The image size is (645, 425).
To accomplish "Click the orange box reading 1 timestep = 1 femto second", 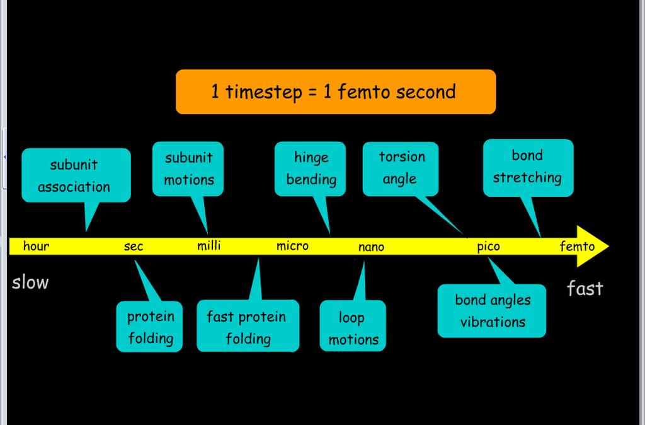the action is (x=336, y=92).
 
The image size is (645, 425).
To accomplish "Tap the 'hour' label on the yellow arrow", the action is (x=36, y=247).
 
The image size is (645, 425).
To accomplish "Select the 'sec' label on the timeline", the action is (x=134, y=247).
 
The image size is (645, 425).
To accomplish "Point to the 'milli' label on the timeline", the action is (x=209, y=246).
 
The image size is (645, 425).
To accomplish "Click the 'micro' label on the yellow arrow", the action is (x=292, y=247).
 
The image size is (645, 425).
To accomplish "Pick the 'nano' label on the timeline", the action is (x=371, y=247).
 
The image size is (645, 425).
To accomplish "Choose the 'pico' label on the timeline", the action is (x=488, y=247).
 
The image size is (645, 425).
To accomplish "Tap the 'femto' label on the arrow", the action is (x=577, y=247).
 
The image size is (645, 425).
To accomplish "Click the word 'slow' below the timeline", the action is (x=30, y=282).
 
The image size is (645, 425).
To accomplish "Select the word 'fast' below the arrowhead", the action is (x=585, y=288).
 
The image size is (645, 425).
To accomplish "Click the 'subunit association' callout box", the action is (x=76, y=175).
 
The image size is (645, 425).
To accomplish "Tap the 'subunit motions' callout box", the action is (x=188, y=169).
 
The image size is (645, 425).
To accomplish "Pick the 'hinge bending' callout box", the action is (x=310, y=169).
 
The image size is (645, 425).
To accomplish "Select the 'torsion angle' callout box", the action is (x=401, y=169).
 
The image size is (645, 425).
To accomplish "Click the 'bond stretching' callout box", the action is (x=528, y=168).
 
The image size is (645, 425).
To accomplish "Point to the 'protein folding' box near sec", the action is (x=149, y=327).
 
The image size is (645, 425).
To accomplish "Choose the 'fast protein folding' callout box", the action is (x=248, y=326).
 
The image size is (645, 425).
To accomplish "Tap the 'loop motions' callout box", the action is (x=353, y=326).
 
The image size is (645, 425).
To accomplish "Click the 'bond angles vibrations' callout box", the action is (x=492, y=311).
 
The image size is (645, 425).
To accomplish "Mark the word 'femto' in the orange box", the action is (x=362, y=91).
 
